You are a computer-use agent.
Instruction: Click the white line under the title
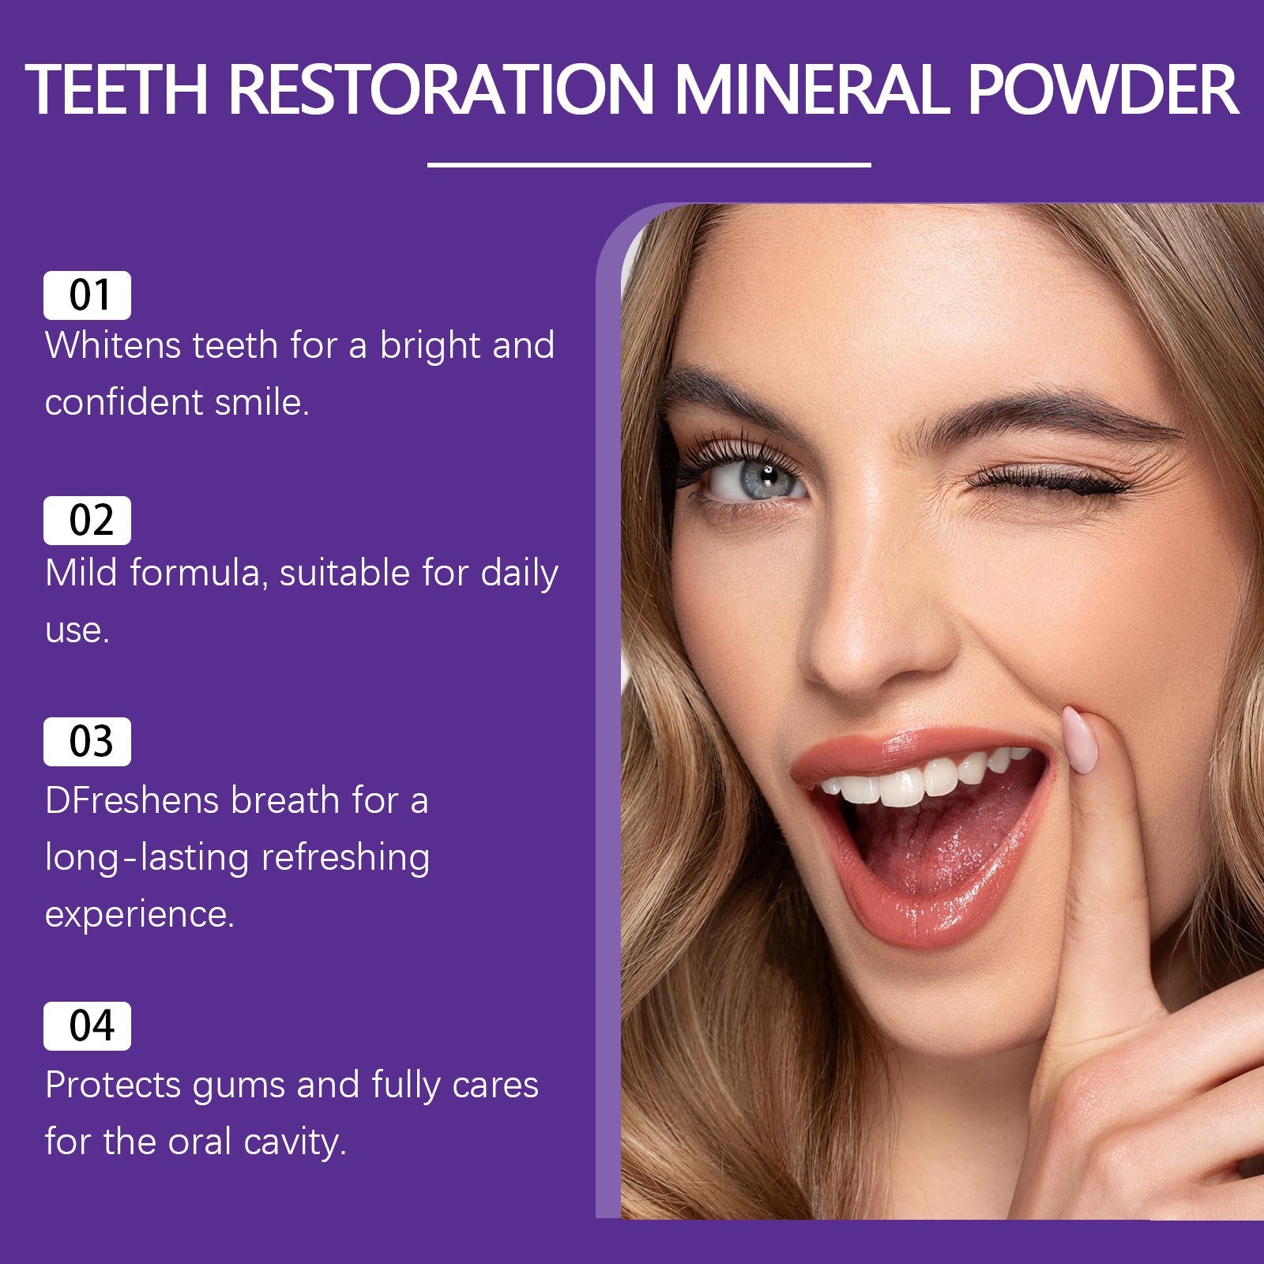649,165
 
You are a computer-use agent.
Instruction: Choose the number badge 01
87,295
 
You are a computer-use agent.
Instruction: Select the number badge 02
87,521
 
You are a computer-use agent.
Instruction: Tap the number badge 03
87,742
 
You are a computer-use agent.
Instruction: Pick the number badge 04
87,1026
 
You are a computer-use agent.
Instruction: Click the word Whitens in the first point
112,346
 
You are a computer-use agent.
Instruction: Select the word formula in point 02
194,574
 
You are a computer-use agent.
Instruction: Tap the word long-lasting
147,858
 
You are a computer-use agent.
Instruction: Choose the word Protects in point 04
113,1085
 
